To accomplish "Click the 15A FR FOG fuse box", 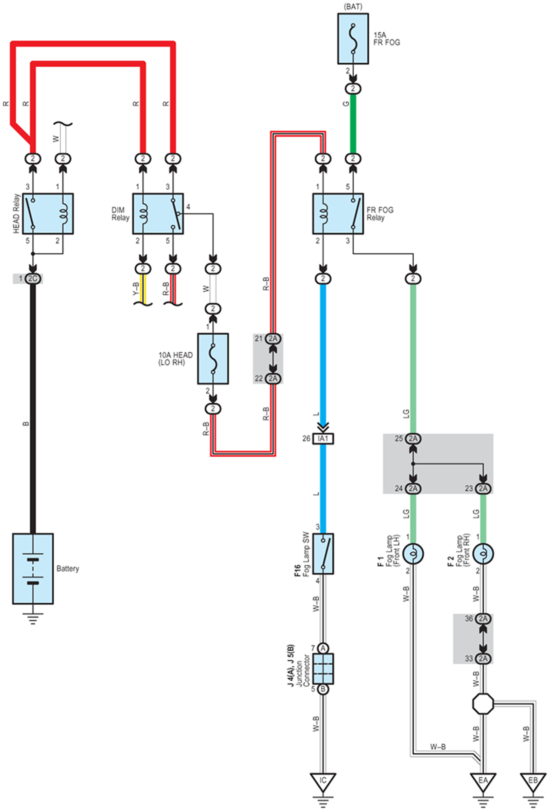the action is [353, 39].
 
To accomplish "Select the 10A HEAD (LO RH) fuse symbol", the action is [213, 359].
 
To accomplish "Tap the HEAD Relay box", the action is [48, 213].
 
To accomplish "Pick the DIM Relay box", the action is [158, 213].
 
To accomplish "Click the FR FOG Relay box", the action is [338, 213].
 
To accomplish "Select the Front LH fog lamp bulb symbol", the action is [413, 554].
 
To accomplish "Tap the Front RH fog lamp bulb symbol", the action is [483, 554].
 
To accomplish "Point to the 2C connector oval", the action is [33, 279].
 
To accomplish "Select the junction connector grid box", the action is [323, 668].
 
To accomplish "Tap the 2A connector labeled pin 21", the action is [273, 339].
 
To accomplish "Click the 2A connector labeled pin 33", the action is [483, 659].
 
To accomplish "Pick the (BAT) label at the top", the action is [353, 7].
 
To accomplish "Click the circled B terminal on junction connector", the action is [323, 689].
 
